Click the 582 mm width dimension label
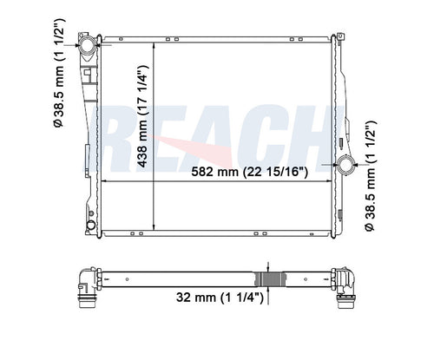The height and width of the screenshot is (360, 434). pyautogui.click(x=249, y=172)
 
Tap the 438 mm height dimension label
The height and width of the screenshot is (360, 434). pyautogui.click(x=142, y=116)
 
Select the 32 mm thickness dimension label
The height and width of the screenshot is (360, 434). pyautogui.click(x=220, y=298)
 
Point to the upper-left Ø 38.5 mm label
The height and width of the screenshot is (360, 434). pyautogui.click(x=59, y=73)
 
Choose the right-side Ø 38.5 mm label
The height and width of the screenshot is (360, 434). pyautogui.click(x=370, y=175)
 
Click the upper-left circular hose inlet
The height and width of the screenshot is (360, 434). pyautogui.click(x=88, y=45)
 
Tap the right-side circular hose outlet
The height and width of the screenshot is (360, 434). pyautogui.click(x=345, y=165)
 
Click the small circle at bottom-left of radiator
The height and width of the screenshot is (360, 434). pyautogui.click(x=91, y=225)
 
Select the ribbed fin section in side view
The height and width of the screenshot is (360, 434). pyautogui.click(x=270, y=279)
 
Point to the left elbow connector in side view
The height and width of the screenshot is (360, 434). pyautogui.click(x=89, y=286)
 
